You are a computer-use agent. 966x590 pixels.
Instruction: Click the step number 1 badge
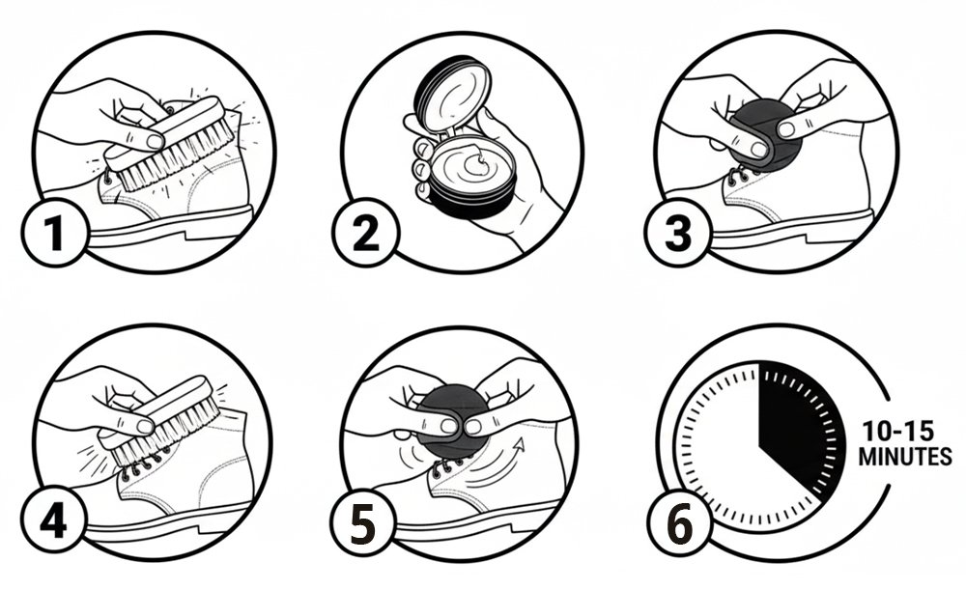click(x=54, y=232)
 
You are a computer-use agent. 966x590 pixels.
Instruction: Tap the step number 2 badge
click(x=365, y=232)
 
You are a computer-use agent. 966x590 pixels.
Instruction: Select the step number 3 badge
click(x=678, y=232)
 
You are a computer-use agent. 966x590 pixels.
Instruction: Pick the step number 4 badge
click(x=53, y=521)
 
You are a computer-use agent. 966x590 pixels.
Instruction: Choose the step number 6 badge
click(x=679, y=525)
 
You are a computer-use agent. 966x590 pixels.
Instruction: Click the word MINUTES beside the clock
click(x=905, y=457)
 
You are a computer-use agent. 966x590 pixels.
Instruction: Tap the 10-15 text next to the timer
click(x=897, y=431)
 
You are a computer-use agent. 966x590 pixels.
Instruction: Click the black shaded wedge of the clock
click(x=798, y=425)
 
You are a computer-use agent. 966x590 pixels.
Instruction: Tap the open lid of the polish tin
click(x=454, y=94)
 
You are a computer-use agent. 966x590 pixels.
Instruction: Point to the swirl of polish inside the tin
click(x=475, y=164)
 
